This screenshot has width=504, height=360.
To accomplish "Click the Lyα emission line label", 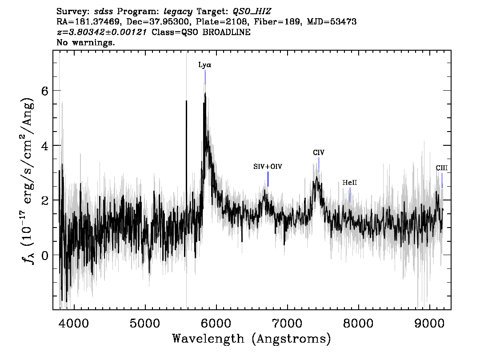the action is click(x=205, y=65).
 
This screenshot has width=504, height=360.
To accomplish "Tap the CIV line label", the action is click(x=319, y=152).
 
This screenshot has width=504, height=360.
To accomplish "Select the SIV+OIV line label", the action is click(x=268, y=167).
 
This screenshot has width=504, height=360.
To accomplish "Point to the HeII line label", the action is click(x=350, y=183).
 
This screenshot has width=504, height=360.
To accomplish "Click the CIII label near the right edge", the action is click(x=442, y=168).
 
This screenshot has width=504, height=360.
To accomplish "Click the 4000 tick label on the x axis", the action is click(x=74, y=323).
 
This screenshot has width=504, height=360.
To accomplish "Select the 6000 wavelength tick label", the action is click(x=216, y=323).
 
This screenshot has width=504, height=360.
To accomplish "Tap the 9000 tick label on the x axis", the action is click(x=429, y=323).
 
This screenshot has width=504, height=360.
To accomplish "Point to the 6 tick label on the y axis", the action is click(x=45, y=91).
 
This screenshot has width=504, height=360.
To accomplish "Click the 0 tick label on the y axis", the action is click(x=45, y=255).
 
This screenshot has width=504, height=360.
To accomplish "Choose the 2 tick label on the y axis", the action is click(x=45, y=200).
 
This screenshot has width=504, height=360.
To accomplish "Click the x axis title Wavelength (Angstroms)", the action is click(x=252, y=339).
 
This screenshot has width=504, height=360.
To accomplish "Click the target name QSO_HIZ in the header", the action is click(x=252, y=12).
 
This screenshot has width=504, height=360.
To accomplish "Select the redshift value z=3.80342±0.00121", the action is click(x=102, y=32).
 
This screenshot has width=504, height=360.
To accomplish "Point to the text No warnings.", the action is click(x=86, y=42).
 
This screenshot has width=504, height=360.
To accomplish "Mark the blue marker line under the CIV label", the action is click(x=319, y=164).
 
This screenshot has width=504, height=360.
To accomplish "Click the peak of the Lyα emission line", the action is click(x=205, y=93).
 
